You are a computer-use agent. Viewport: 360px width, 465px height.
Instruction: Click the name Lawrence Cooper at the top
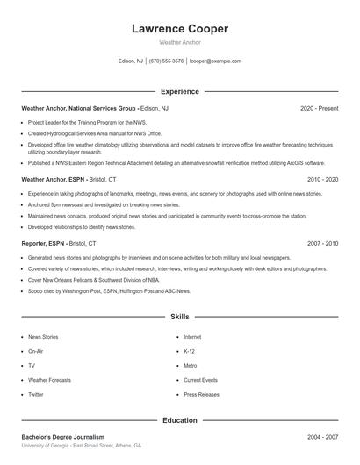pyautogui.click(x=179, y=29)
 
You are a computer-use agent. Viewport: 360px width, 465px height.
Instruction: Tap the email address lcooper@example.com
pyautogui.click(x=215, y=61)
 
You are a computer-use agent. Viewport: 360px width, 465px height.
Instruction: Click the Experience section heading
pyautogui.click(x=179, y=91)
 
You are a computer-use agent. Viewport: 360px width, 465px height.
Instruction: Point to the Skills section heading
pyautogui.click(x=179, y=316)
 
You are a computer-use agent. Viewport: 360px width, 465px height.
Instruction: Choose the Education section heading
pyautogui.click(x=179, y=420)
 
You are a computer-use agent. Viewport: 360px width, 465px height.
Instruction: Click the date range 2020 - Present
pyautogui.click(x=319, y=108)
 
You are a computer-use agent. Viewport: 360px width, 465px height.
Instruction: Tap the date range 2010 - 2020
pyautogui.click(x=322, y=178)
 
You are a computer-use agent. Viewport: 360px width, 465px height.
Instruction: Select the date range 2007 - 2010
pyautogui.click(x=322, y=243)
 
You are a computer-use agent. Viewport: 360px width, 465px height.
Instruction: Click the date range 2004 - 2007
pyautogui.click(x=322, y=436)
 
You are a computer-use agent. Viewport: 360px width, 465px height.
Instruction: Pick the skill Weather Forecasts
pyautogui.click(x=49, y=380)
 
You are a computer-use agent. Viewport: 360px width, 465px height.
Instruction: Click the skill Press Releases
pyautogui.click(x=202, y=395)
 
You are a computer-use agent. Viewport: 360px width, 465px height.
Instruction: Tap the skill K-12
pyautogui.click(x=189, y=351)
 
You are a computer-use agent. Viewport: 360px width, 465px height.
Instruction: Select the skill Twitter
pyautogui.click(x=36, y=395)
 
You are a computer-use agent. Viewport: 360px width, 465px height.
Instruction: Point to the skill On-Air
pyautogui.click(x=36, y=351)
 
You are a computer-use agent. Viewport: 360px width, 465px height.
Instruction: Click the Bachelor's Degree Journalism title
pyautogui.click(x=62, y=436)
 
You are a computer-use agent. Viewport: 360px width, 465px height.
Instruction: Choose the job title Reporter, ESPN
pyautogui.click(x=43, y=243)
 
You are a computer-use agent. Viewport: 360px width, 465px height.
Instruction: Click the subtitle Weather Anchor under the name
pyautogui.click(x=179, y=42)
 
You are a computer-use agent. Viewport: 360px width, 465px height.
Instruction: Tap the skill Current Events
pyautogui.click(x=200, y=380)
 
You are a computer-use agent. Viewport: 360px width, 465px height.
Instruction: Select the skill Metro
pyautogui.click(x=190, y=365)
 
